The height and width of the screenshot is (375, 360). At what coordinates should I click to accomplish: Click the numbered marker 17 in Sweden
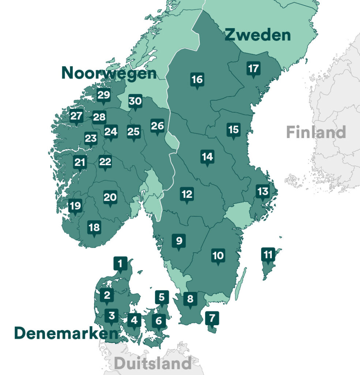click(253, 69)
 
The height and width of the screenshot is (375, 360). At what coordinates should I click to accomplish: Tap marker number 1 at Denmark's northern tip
click(120, 263)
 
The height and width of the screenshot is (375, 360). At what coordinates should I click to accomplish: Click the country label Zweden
click(258, 35)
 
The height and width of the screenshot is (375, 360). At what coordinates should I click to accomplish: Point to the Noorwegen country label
click(109, 73)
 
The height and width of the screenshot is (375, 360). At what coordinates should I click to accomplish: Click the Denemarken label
click(66, 333)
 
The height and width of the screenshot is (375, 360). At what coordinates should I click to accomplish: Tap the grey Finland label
click(316, 132)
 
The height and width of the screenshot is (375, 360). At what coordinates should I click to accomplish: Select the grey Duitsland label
click(153, 364)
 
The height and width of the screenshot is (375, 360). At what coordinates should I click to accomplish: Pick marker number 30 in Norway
click(135, 101)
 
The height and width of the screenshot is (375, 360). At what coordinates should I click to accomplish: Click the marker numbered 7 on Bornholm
click(212, 318)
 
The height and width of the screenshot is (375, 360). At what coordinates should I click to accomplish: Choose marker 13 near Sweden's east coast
click(263, 192)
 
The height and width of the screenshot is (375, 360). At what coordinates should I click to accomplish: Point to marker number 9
click(179, 241)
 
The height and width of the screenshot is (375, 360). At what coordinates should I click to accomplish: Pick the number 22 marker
click(105, 162)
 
